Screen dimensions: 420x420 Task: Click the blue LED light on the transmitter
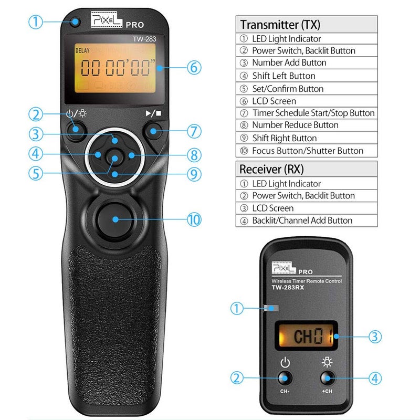click(77, 22)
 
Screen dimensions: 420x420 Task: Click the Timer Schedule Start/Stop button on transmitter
click(153, 129)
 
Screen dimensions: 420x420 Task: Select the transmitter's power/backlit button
click(77, 129)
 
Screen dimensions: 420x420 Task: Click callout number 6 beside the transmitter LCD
click(193, 67)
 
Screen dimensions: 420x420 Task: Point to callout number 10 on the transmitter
click(194, 219)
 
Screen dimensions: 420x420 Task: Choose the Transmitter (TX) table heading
click(280, 25)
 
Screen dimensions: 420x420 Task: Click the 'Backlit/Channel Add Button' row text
click(302, 220)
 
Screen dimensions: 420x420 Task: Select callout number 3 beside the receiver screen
click(375, 337)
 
